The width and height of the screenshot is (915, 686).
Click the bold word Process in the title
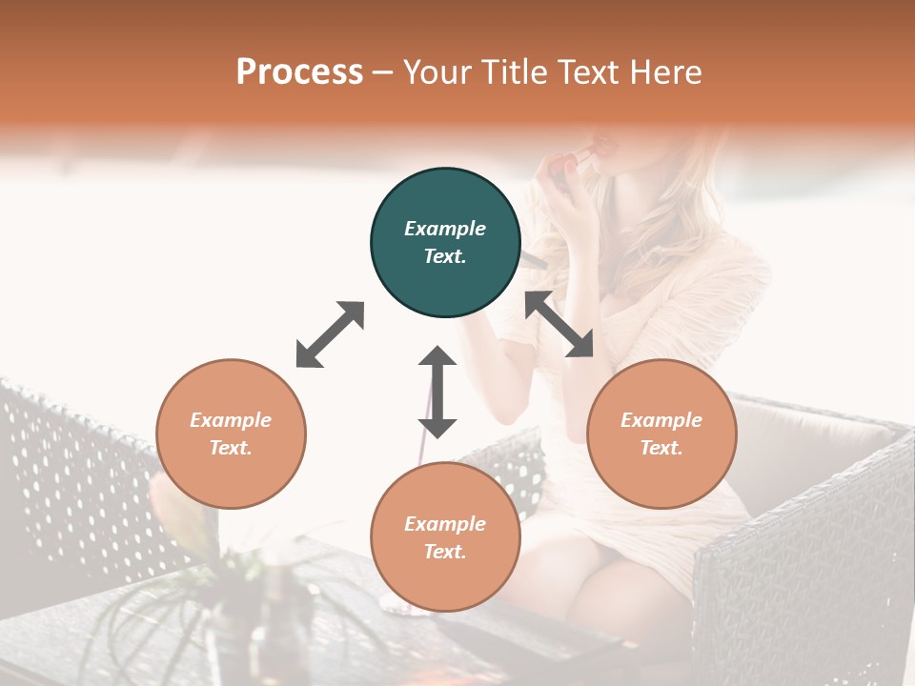(299, 72)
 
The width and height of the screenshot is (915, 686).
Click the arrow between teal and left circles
(330, 334)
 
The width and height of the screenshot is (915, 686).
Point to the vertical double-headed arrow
(437, 392)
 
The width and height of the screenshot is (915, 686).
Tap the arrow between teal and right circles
(559, 324)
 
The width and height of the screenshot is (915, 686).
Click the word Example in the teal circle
(445, 229)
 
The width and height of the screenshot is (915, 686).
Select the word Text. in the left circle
(231, 448)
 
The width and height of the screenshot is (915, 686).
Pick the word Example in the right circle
(661, 420)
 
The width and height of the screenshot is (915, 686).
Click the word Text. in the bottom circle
(445, 552)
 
